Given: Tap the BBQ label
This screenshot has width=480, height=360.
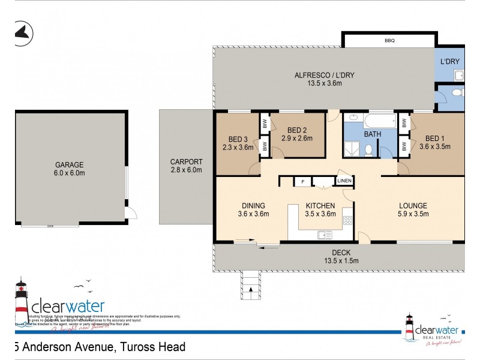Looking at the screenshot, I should (x=389, y=41).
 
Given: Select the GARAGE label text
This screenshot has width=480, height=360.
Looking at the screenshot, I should (x=70, y=164).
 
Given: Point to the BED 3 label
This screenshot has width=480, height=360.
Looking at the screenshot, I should (x=234, y=138).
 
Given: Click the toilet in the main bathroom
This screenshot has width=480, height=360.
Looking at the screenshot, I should (x=370, y=148).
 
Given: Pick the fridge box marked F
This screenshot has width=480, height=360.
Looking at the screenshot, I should (x=303, y=181).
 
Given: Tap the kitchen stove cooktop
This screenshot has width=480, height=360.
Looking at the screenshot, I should (x=347, y=220).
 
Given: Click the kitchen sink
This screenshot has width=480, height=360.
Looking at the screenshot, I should (x=325, y=234).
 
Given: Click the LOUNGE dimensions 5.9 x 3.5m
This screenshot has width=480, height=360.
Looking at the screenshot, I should (x=413, y=214).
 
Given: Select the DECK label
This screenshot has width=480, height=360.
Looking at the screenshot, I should (x=340, y=253).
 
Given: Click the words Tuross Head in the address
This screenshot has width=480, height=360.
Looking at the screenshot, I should (x=152, y=347).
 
